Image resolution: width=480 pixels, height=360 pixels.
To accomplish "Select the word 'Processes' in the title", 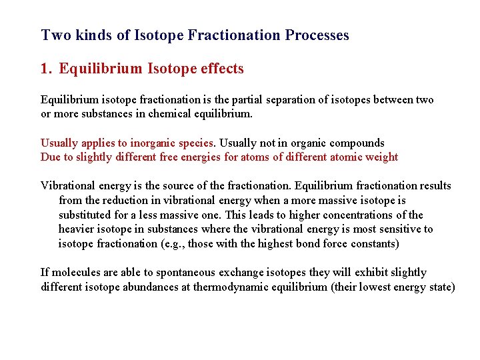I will point(317,35).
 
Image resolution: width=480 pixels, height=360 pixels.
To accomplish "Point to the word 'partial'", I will point(246,99).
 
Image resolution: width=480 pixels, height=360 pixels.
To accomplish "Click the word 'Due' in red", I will point(51,157).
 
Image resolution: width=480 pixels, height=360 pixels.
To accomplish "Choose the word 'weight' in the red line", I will point(381,157).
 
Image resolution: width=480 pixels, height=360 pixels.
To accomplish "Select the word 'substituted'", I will point(86,215).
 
